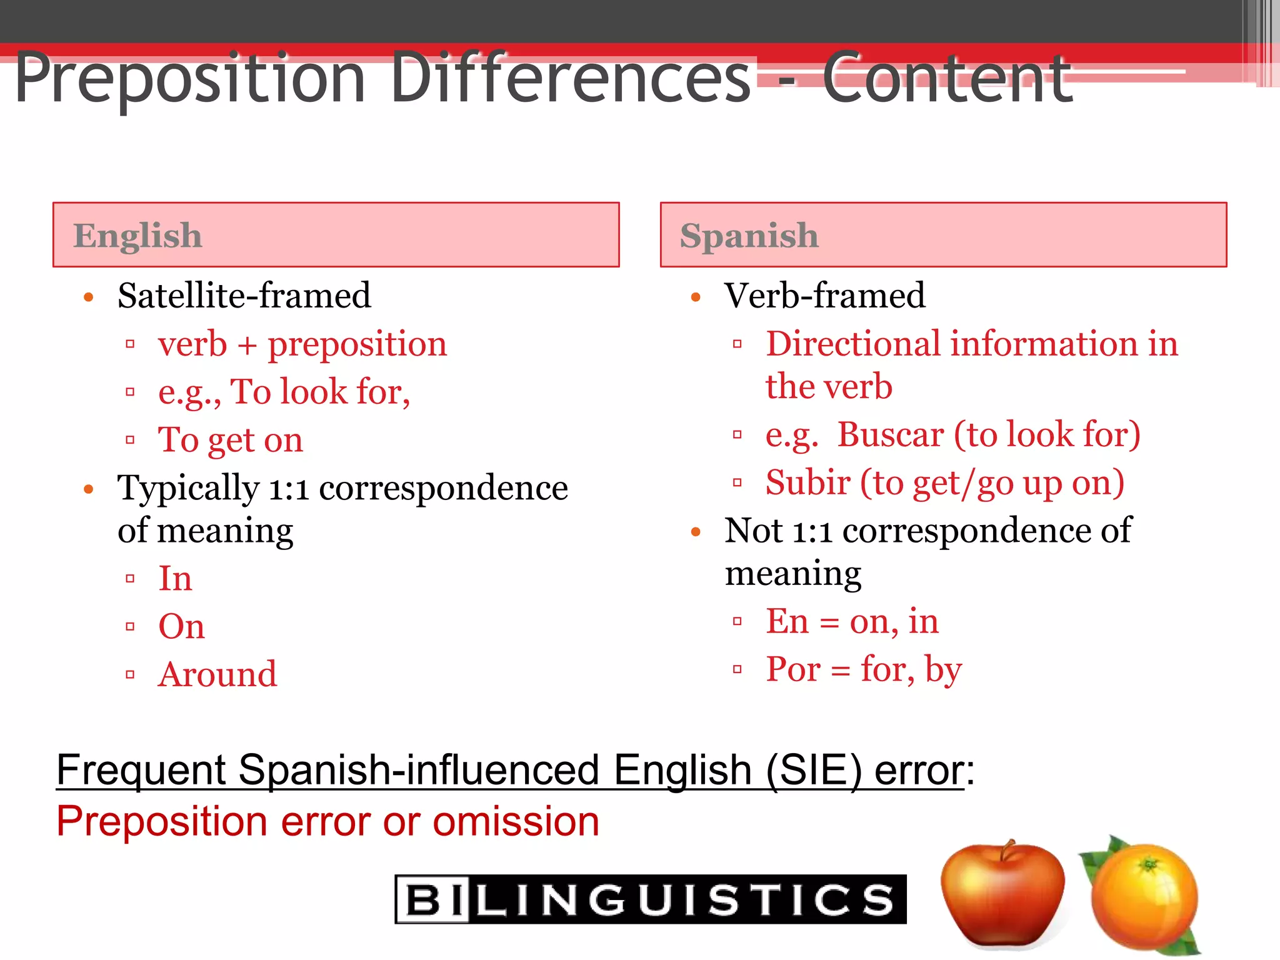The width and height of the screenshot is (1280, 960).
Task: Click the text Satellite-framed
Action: [x=244, y=296]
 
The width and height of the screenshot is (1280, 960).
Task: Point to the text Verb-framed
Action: [x=824, y=296]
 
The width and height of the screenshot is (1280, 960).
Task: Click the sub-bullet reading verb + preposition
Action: [x=302, y=344]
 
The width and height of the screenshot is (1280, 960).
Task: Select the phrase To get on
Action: [x=231, y=440]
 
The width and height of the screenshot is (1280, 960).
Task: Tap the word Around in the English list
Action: [x=217, y=674]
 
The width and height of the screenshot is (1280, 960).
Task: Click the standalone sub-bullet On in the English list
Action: [x=181, y=626]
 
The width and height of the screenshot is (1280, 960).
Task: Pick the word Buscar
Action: [x=890, y=435]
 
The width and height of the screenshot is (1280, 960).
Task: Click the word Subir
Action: [x=807, y=483]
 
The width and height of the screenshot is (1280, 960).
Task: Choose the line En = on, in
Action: [x=852, y=622]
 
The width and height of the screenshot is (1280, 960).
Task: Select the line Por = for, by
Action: [x=864, y=670]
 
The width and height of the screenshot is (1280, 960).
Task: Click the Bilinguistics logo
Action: [x=650, y=899]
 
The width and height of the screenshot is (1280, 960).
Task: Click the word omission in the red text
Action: [x=516, y=821]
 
